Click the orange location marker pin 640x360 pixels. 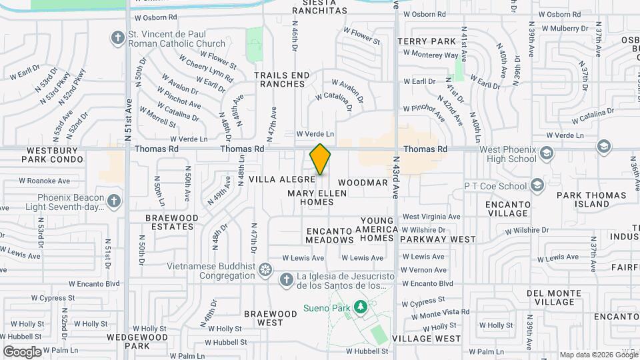(320, 159)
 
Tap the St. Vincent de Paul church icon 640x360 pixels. (118, 37)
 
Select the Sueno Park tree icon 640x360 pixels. (361, 307)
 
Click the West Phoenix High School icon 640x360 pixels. (547, 153)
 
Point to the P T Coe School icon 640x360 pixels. (538, 186)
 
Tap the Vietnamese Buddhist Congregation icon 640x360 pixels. (265, 269)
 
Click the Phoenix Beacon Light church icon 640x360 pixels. (114, 200)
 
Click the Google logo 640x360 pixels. (22, 351)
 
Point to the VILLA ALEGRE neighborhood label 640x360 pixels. (282, 180)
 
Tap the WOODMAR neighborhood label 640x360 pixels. (363, 183)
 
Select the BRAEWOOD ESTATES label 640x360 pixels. (172, 222)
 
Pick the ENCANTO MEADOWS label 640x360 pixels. (329, 235)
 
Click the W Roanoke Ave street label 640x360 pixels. (45, 181)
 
